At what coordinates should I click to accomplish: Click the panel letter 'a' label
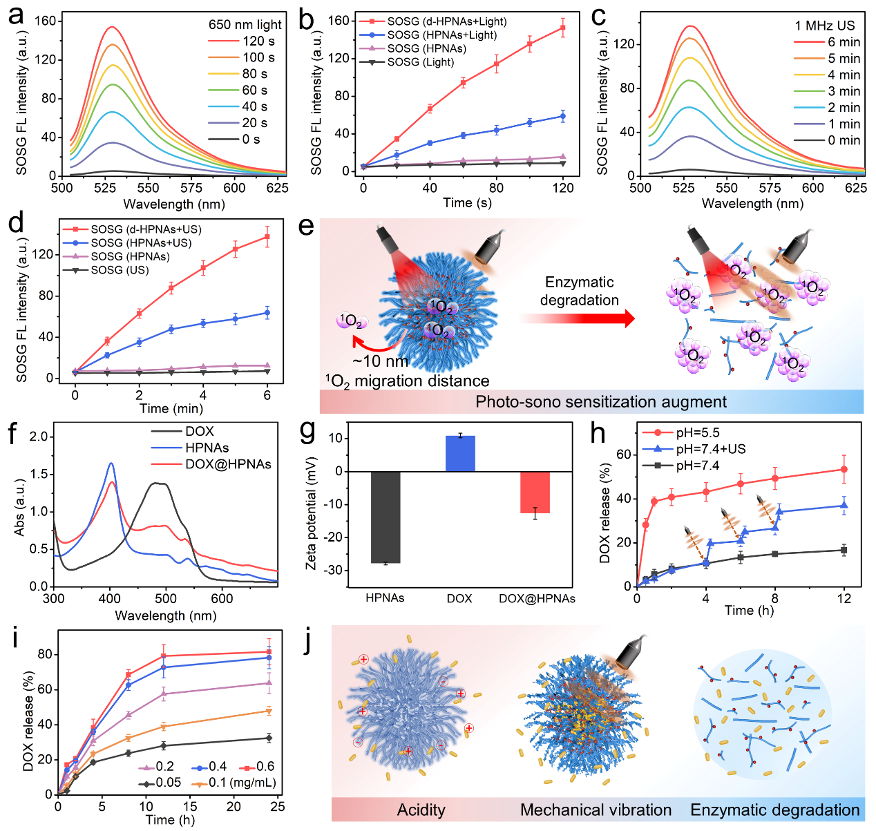(15, 15)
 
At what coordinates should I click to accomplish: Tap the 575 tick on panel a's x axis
(191, 187)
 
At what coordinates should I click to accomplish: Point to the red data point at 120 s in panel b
(563, 28)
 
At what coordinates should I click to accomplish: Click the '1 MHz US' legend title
(824, 26)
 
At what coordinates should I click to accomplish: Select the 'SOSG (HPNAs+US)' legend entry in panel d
(141, 242)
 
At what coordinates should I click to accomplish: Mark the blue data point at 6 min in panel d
(267, 313)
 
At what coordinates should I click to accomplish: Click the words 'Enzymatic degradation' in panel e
(579, 291)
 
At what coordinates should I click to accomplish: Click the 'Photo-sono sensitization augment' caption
(600, 402)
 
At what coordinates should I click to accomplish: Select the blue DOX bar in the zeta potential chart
(460, 454)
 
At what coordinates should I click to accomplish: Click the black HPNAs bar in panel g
(385, 517)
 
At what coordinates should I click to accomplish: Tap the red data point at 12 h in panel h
(844, 470)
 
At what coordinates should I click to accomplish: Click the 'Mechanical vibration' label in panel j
(596, 810)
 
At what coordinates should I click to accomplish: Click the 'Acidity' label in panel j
(421, 810)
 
